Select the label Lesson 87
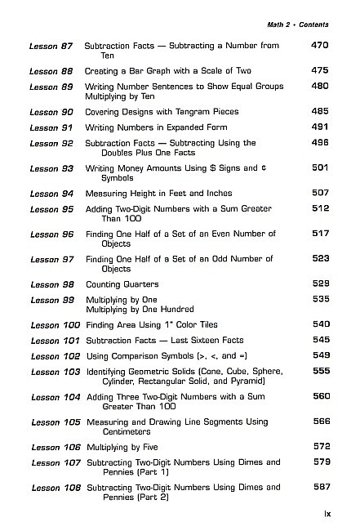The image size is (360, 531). [54, 47]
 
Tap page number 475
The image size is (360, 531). [319, 71]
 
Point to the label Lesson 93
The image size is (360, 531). [54, 168]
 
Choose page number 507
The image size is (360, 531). [319, 193]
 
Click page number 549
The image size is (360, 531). [321, 355]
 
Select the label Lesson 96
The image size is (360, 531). [54, 234]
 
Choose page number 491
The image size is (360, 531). [319, 127]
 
